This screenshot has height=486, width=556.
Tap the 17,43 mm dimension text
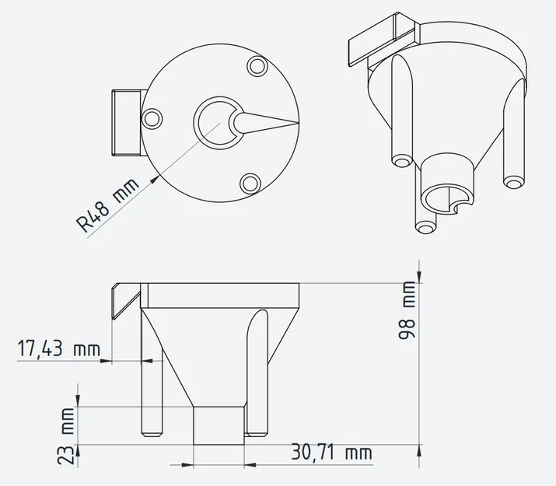[58, 349]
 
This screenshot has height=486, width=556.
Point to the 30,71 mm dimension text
[331, 452]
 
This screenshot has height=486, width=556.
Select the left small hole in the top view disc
[153, 117]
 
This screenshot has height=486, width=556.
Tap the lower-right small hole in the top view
[250, 183]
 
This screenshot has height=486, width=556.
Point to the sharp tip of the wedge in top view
[297, 123]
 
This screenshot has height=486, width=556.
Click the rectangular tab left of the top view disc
[125, 122]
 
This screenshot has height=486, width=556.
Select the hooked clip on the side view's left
[122, 300]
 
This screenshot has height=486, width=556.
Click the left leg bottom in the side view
[151, 432]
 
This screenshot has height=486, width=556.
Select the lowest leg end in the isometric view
[425, 227]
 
